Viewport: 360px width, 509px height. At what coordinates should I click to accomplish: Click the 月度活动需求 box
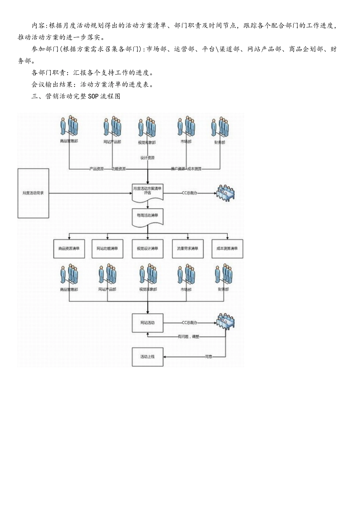33,193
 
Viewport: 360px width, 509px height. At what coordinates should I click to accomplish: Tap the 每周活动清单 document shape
147,216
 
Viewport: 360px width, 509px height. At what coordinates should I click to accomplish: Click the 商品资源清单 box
69,249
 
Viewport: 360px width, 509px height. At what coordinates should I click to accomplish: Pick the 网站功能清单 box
108,249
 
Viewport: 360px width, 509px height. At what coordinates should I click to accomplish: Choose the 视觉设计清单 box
147,249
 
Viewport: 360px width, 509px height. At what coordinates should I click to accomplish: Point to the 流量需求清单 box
188,249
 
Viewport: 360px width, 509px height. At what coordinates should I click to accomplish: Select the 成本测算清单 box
227,249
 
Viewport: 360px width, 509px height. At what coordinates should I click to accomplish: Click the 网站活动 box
147,323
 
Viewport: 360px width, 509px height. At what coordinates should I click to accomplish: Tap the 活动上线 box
147,357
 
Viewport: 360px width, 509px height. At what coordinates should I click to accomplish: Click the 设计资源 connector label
147,158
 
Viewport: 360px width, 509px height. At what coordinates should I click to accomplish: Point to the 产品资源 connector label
96,169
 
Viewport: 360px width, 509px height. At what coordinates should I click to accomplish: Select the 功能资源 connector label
119,169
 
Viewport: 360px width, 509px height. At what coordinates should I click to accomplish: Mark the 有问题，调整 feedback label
188,336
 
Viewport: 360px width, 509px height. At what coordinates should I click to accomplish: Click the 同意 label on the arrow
208,357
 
